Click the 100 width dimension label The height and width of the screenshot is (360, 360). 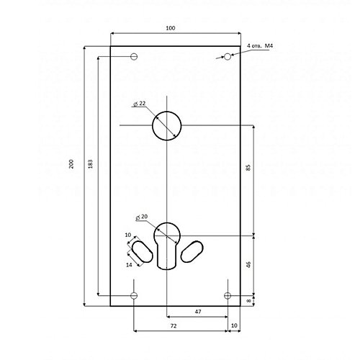point(171,28)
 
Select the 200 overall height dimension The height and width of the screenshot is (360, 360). point(71,164)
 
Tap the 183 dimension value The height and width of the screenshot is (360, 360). point(90,164)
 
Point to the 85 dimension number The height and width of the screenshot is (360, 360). point(248,167)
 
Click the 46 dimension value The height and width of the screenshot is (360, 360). point(248,265)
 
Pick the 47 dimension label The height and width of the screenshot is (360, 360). point(198,312)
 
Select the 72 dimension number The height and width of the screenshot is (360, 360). point(174,325)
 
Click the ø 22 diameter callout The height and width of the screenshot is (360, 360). point(140,104)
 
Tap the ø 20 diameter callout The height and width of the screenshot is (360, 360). point(142,217)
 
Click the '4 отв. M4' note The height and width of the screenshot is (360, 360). point(260,45)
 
